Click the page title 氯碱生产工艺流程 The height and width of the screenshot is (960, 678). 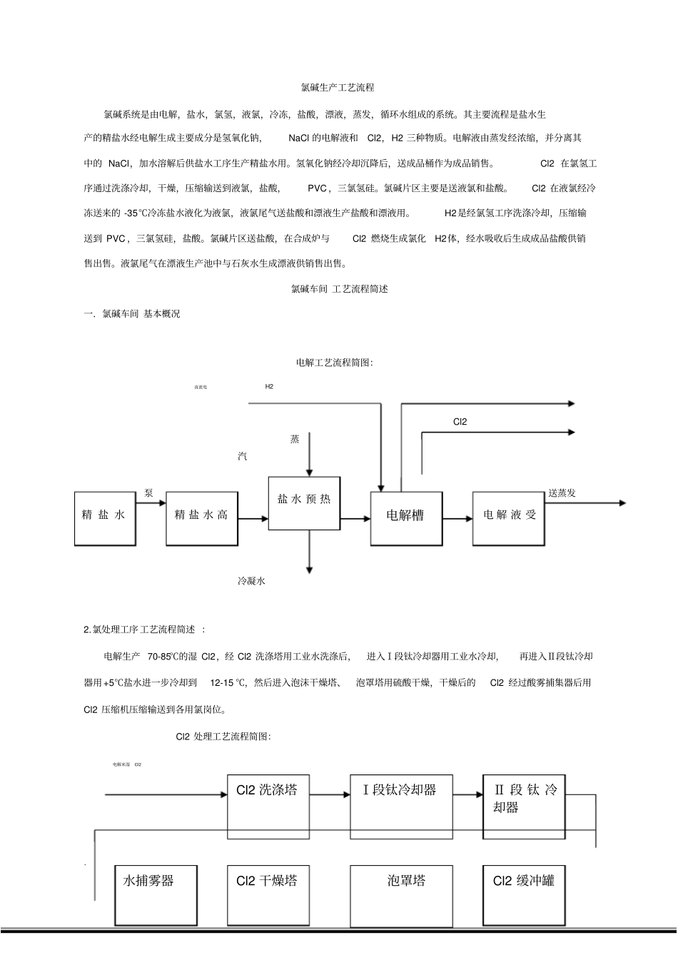point(338,88)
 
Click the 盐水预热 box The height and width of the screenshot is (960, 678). point(304,503)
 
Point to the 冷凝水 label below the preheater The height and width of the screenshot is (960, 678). point(251,581)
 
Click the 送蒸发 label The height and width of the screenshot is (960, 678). point(562,493)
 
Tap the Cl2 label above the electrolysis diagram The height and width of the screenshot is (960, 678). point(460,422)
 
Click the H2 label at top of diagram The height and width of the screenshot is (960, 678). point(269,387)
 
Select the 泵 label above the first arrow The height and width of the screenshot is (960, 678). point(148,493)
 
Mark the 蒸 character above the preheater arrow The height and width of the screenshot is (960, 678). point(295,440)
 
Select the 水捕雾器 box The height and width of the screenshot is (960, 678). point(156,894)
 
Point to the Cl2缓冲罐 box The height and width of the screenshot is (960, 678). point(524,894)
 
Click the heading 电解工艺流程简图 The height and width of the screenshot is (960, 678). point(335,363)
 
